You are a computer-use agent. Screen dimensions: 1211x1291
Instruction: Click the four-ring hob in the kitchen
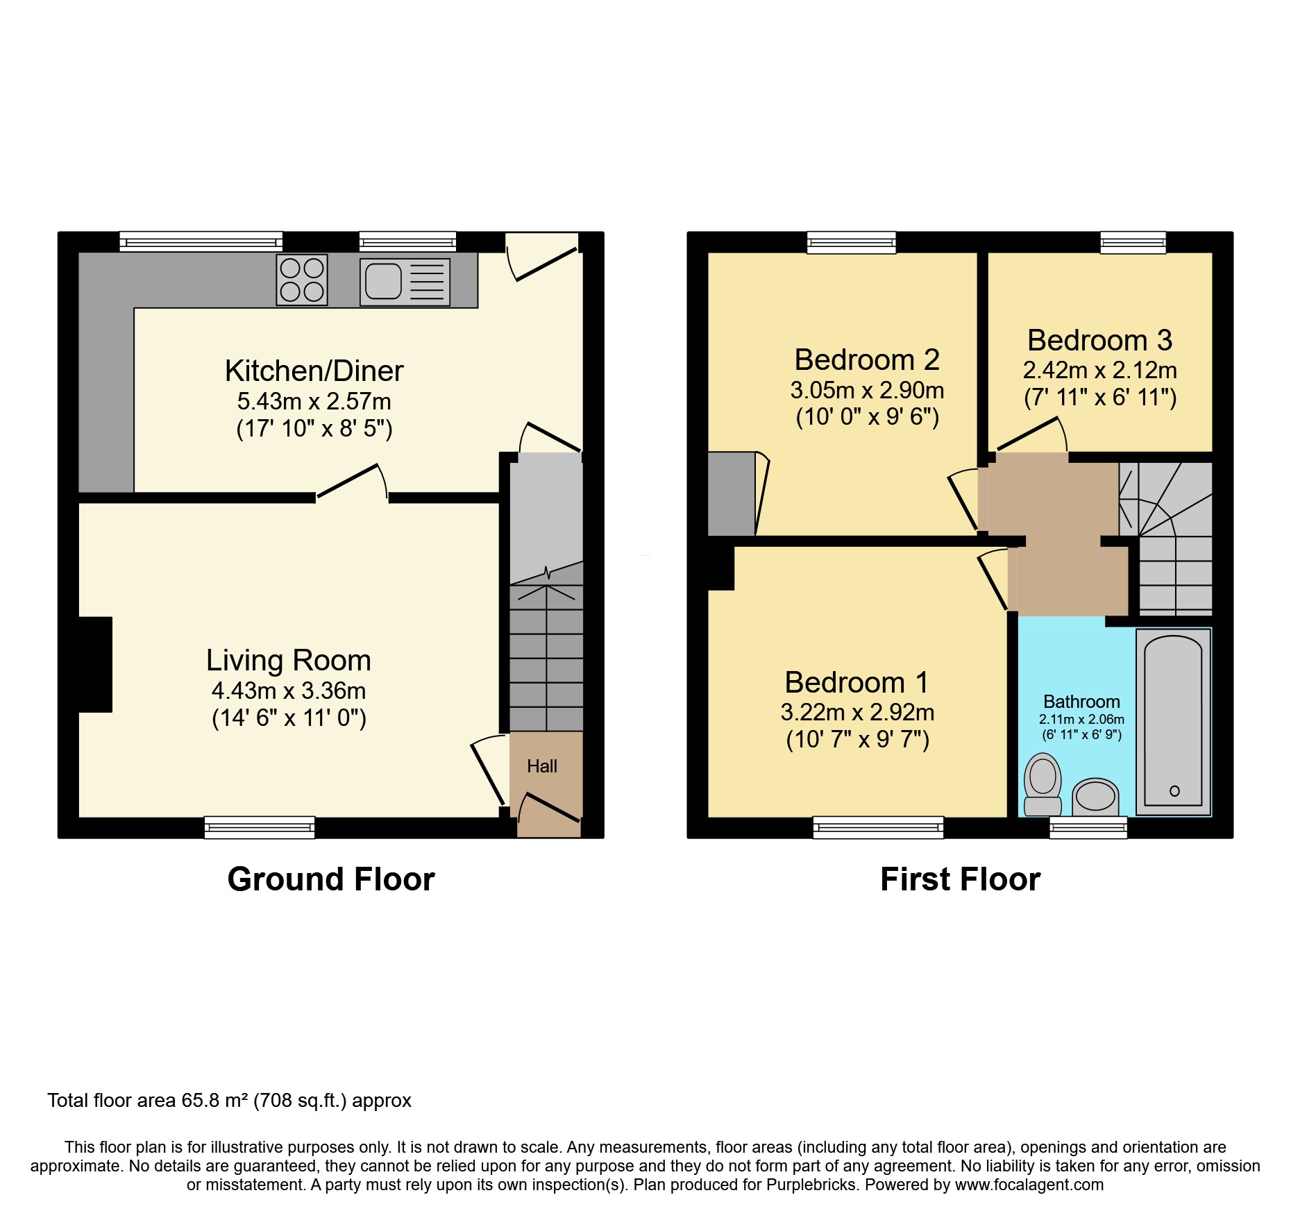pyautogui.click(x=302, y=280)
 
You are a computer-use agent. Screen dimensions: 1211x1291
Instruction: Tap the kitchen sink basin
pyautogui.click(x=383, y=282)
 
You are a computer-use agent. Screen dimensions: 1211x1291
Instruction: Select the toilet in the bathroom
pyautogui.click(x=1043, y=784)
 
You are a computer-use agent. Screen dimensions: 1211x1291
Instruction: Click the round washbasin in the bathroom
pyautogui.click(x=1095, y=797)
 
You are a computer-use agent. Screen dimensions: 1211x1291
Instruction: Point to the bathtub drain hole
pyautogui.click(x=1174, y=790)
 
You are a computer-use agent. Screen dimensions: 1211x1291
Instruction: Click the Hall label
pyautogui.click(x=542, y=766)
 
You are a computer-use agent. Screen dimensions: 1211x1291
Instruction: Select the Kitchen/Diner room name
pyautogui.click(x=314, y=371)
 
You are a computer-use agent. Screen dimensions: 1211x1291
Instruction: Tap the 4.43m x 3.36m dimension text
pyautogui.click(x=289, y=691)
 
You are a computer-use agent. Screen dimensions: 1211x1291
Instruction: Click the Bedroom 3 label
pyautogui.click(x=1099, y=340)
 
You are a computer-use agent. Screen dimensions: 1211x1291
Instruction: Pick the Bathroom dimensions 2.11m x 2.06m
pyautogui.click(x=1081, y=720)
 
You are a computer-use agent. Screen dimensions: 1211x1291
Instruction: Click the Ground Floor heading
pyautogui.click(x=331, y=879)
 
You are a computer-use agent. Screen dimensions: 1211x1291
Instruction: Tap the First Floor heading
pyautogui.click(x=960, y=879)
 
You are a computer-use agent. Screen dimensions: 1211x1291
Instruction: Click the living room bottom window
pyautogui.click(x=260, y=827)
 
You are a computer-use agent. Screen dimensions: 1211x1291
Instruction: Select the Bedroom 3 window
pyautogui.click(x=1133, y=242)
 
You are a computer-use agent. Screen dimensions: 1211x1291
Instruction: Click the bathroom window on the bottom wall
pyautogui.click(x=1088, y=827)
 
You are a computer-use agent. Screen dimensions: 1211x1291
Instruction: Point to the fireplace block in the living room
pyautogui.click(x=95, y=664)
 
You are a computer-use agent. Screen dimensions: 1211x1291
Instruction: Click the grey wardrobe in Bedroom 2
pyautogui.click(x=731, y=493)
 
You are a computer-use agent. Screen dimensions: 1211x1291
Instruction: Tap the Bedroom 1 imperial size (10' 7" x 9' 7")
pyautogui.click(x=857, y=740)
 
